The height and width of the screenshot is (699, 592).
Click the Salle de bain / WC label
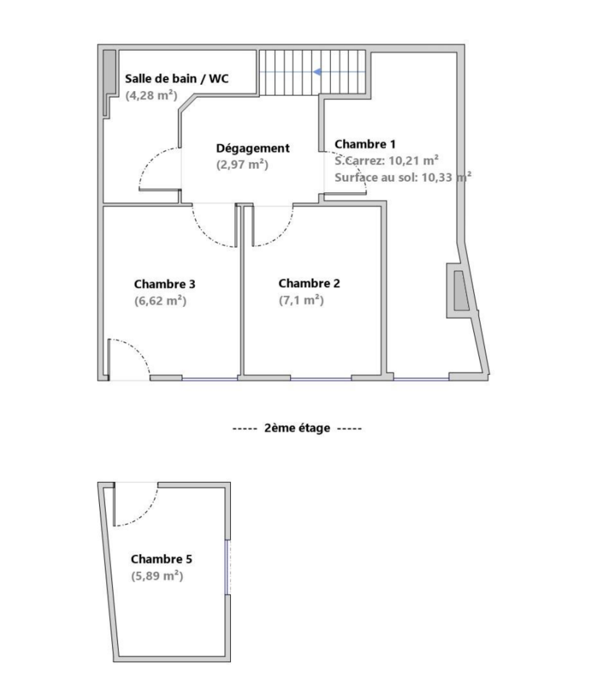click(176, 79)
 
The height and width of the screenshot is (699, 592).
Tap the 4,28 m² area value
click(151, 95)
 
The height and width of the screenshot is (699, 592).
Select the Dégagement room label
click(253, 148)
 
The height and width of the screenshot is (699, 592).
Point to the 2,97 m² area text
click(242, 165)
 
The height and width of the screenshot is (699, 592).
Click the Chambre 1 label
click(365, 144)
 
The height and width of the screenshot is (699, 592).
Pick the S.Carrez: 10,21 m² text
click(387, 161)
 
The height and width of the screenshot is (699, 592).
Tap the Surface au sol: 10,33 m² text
click(403, 177)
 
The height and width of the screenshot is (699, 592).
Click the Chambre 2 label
click(309, 283)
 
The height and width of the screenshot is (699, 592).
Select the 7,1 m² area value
click(301, 300)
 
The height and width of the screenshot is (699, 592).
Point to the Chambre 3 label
click(165, 284)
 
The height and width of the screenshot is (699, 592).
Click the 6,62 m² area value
click(160, 301)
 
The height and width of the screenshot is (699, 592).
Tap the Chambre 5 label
click(161, 559)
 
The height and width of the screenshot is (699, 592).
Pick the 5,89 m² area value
click(157, 576)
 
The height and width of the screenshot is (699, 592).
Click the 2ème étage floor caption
click(297, 428)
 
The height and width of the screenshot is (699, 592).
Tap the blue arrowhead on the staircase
click(317, 72)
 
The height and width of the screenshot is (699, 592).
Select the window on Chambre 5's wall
click(228, 567)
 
